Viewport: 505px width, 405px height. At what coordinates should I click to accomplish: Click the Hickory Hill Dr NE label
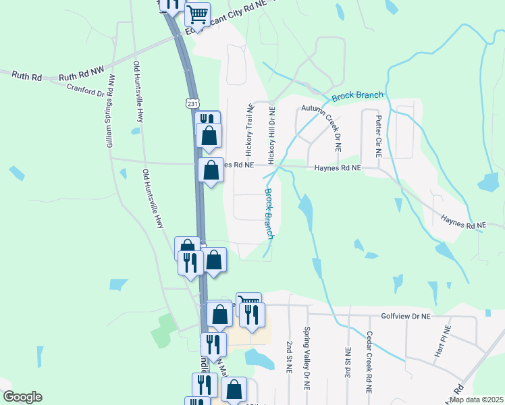(x=272, y=135)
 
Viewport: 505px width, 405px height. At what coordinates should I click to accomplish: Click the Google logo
(x=22, y=397)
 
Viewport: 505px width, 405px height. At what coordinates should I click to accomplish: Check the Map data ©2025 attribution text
(x=475, y=400)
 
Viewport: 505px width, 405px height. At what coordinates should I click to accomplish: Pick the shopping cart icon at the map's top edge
(x=196, y=14)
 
